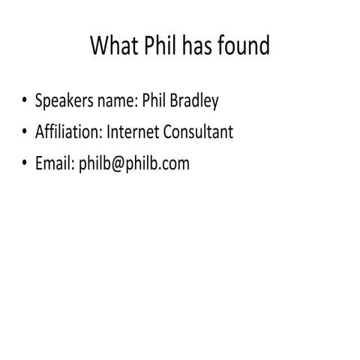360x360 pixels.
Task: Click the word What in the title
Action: [x=115, y=46]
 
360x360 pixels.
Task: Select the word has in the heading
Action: [x=202, y=46]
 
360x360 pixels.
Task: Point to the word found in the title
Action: [x=247, y=46]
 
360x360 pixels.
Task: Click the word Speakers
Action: [x=63, y=101]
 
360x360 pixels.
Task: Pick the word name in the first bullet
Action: [x=113, y=101]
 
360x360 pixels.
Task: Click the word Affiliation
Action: [x=68, y=132]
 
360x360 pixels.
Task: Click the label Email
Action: [x=53, y=163]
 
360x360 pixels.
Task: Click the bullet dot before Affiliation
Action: [x=25, y=133]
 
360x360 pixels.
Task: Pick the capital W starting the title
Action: [x=100, y=46]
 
